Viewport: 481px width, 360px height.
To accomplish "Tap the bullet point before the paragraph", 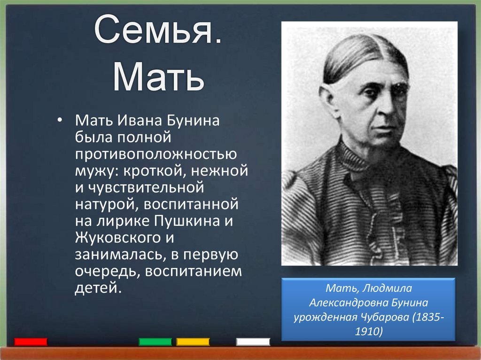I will (59, 121).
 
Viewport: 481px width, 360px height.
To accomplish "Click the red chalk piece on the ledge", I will (31, 342).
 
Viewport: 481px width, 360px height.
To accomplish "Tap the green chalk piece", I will (155, 342).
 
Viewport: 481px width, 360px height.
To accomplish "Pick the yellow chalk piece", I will (193, 342).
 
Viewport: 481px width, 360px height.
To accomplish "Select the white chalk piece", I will (253, 342).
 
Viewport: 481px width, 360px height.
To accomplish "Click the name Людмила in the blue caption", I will (385, 288).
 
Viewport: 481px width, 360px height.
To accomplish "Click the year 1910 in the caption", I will (369, 332).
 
